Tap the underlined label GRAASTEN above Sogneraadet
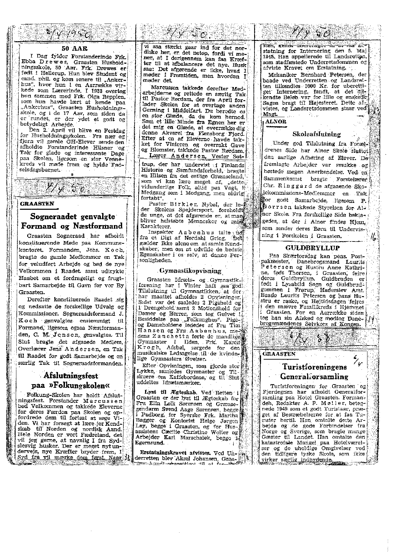(x=37, y=204)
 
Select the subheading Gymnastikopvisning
(x=190, y=271)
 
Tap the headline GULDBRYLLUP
(x=312, y=248)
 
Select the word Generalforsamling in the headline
(x=314, y=376)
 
